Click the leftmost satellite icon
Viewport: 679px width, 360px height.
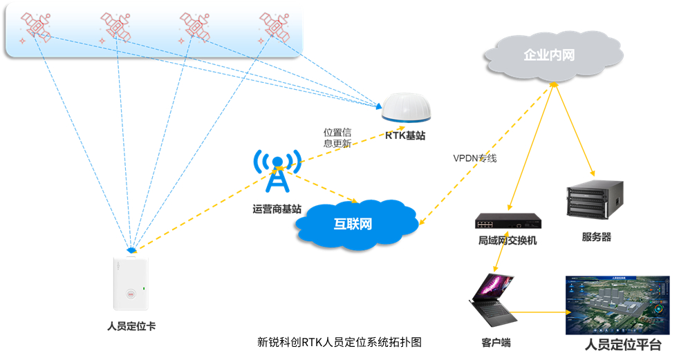tap(33, 24)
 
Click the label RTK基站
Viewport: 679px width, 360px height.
tap(405, 135)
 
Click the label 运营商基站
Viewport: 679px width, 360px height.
tap(277, 208)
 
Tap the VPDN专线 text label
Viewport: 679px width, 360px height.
tap(475, 158)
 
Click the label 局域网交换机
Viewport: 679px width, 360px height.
tap(508, 240)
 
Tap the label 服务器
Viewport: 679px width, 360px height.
tap(596, 237)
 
